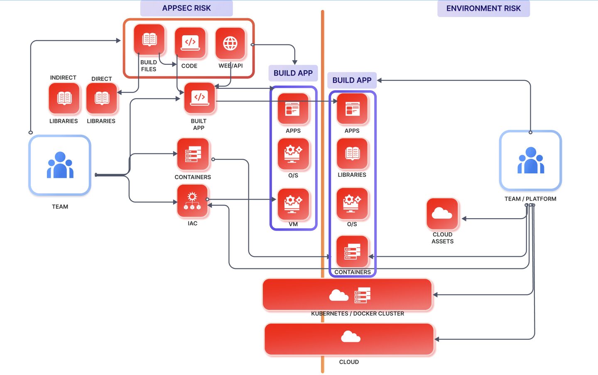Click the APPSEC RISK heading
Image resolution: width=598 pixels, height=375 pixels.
pos(186,8)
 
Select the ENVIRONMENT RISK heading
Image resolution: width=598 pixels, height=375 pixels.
pos(483,8)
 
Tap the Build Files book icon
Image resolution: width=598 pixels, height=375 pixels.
pos(149,40)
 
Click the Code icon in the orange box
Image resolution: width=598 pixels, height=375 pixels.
pos(190,42)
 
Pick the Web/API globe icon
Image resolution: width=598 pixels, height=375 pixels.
pos(230,43)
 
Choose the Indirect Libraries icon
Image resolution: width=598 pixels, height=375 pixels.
pos(64,98)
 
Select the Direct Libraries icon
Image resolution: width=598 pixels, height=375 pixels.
pos(102,98)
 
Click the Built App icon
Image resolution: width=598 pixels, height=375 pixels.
pos(199,98)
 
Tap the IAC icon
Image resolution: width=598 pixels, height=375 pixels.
pos(192,201)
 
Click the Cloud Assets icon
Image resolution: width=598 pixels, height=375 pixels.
pos(442,214)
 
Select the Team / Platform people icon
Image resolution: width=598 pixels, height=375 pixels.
pos(530,161)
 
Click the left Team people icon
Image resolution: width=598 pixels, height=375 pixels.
pos(60,165)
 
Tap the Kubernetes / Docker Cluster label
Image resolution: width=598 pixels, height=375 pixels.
pos(357,314)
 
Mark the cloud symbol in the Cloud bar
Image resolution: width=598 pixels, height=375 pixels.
pos(350,336)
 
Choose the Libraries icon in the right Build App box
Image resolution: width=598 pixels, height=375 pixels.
pos(352,154)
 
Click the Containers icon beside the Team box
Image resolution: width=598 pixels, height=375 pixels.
pos(193,154)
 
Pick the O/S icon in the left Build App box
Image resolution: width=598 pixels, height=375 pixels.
pos(293,154)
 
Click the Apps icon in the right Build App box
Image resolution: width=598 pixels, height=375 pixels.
pos(352,109)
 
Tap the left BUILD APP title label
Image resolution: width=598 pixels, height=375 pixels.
pos(293,73)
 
